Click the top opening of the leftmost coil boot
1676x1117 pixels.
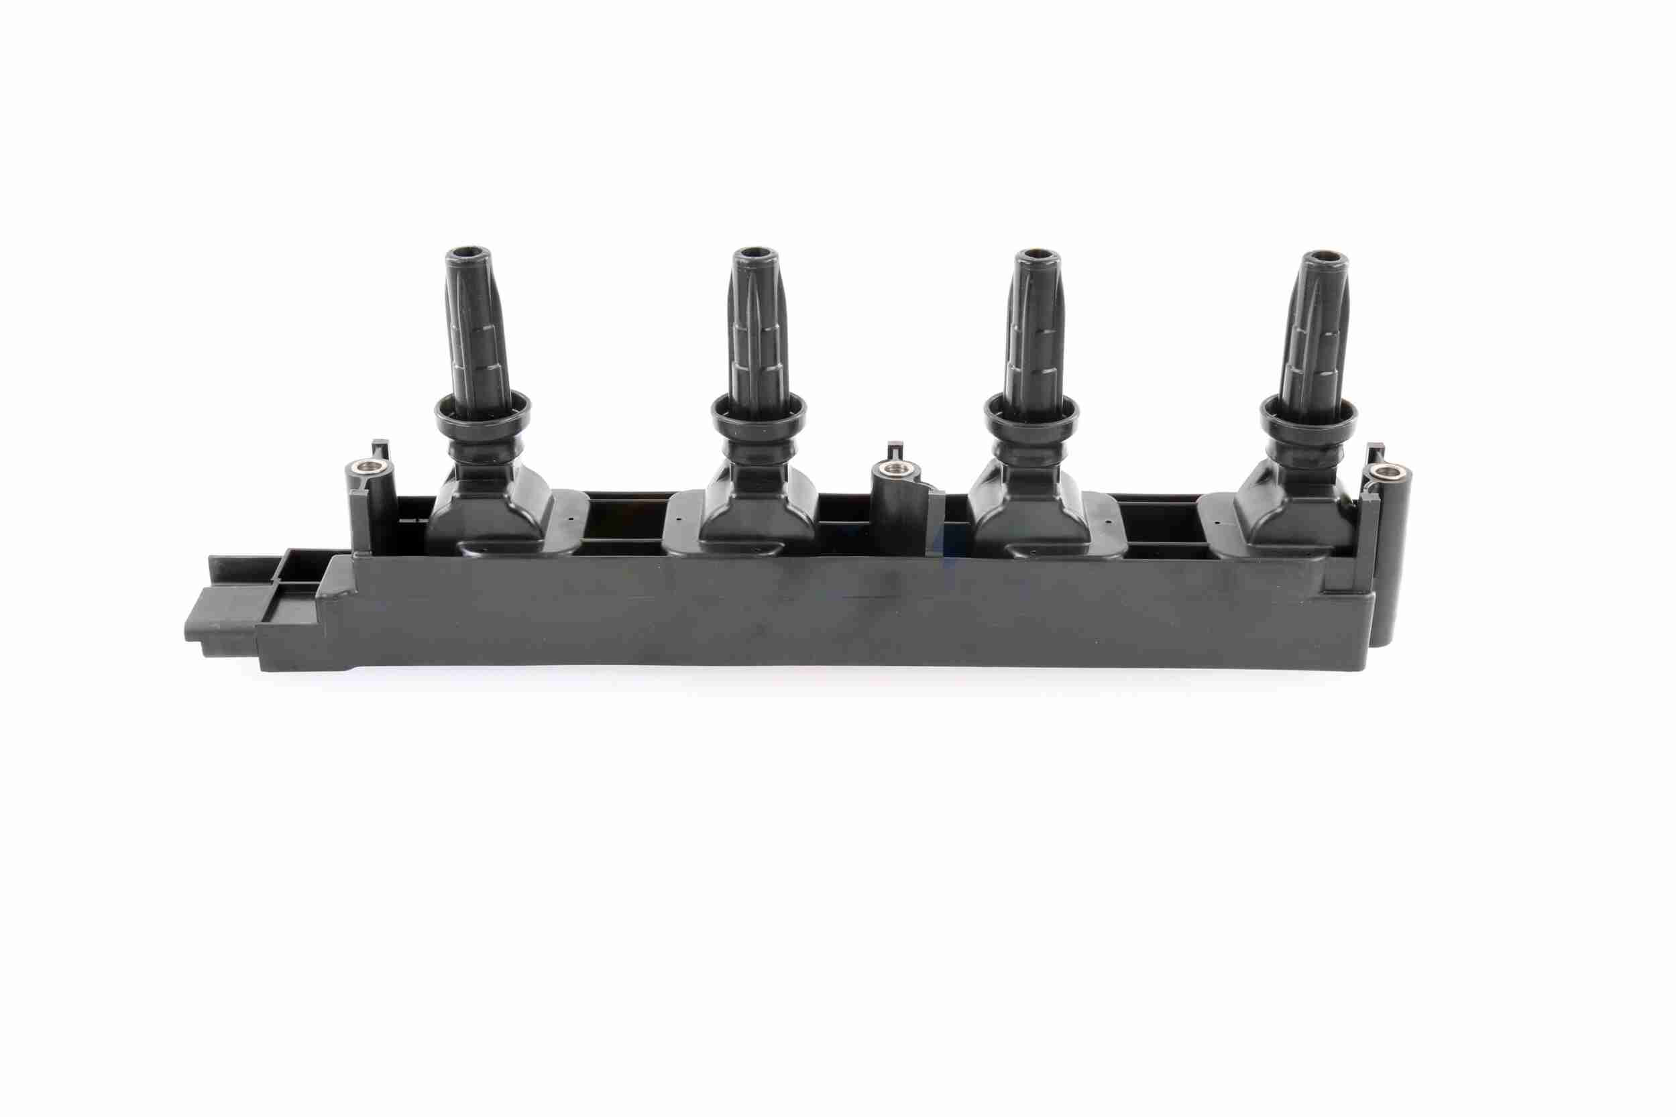468,252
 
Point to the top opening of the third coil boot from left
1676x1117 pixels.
1031,254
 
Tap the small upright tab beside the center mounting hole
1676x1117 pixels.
892,451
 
